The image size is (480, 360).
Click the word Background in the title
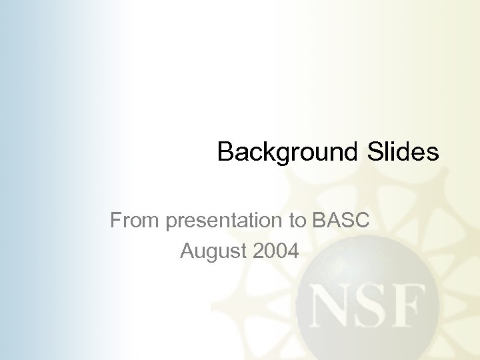[x=287, y=152]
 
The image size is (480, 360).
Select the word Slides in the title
[x=402, y=152]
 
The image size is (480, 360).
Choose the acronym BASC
[x=340, y=219]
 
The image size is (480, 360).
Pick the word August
[x=211, y=253]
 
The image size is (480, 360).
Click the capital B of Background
[x=225, y=152]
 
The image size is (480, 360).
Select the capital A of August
[x=187, y=251]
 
